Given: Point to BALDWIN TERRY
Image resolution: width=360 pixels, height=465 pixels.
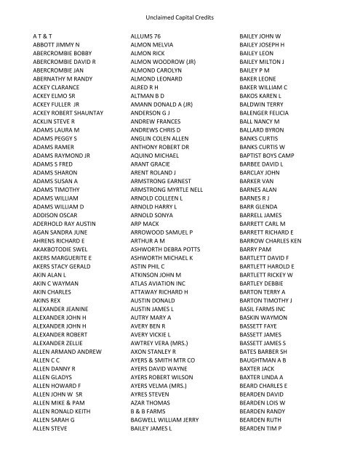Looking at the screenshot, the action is click(265, 103).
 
